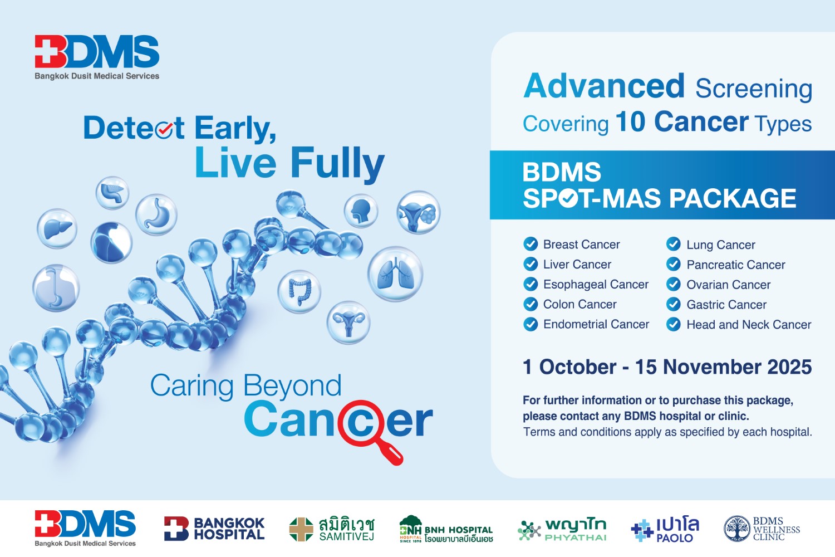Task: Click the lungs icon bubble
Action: tap(395, 274)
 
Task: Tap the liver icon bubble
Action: tap(57, 228)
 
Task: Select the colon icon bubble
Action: tap(299, 292)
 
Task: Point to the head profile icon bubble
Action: tap(361, 211)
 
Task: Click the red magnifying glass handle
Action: tap(390, 452)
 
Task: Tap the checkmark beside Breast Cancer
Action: tap(531, 244)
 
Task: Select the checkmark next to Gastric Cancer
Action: tap(673, 304)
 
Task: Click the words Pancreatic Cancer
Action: tap(736, 265)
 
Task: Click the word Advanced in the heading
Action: tap(604, 86)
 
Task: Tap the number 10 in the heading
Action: tap(630, 121)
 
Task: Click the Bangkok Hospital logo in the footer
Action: tap(214, 528)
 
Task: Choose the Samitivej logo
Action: tap(331, 529)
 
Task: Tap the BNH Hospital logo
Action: tap(446, 529)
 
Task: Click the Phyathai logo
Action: tap(562, 529)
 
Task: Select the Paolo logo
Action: tap(665, 529)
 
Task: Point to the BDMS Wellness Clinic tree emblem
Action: tap(736, 528)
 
